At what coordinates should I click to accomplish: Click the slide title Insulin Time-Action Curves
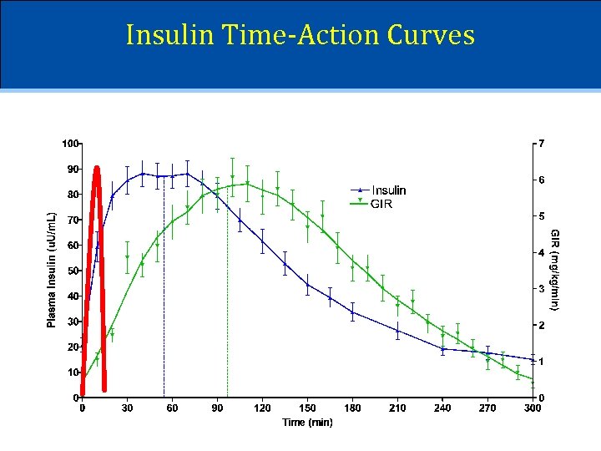(300, 35)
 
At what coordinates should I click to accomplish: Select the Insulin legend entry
(388, 190)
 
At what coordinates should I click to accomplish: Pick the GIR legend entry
(381, 203)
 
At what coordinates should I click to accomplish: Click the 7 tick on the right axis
(542, 144)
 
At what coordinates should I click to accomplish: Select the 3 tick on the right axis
(542, 289)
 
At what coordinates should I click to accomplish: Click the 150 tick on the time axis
(307, 408)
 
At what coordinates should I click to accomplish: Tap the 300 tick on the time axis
(532, 408)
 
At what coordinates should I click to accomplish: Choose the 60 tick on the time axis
(172, 408)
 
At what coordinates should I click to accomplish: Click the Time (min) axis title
(307, 423)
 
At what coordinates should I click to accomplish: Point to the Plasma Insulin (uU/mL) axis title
(52, 268)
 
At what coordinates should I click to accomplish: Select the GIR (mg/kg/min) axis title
(555, 269)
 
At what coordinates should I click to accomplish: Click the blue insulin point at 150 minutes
(307, 285)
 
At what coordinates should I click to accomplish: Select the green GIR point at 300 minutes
(533, 380)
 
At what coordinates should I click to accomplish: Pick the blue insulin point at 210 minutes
(397, 331)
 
